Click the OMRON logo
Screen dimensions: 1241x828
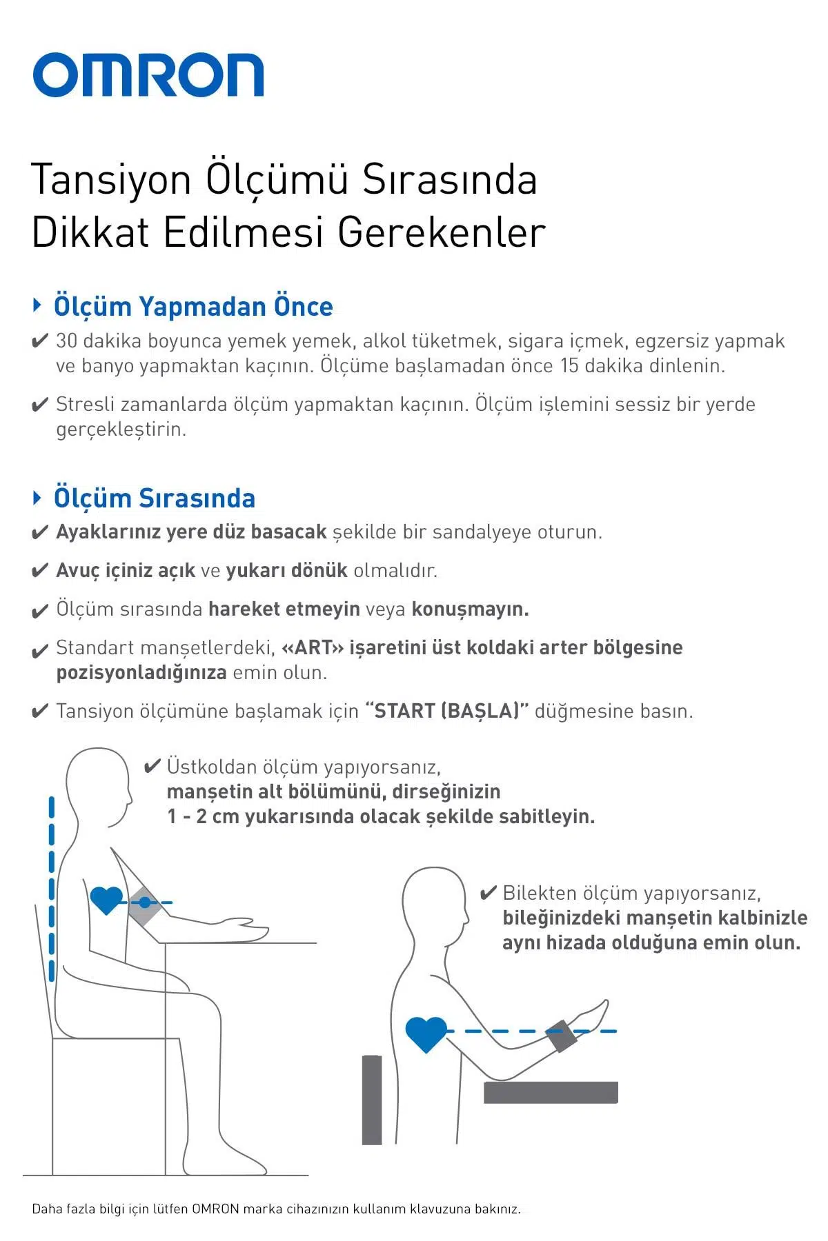point(148,74)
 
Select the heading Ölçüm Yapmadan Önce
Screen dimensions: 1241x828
point(193,307)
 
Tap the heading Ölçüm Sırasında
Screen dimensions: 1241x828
point(155,498)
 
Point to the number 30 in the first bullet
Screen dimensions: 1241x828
point(66,341)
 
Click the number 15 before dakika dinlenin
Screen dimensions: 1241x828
point(569,365)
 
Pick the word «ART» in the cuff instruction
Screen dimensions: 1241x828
point(313,648)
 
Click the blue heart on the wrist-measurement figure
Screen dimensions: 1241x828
point(426,1033)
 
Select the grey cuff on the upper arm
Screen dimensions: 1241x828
point(145,903)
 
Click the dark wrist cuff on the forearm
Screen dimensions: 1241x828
point(562,1034)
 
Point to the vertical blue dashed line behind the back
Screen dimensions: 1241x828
point(52,889)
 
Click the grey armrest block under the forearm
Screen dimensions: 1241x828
point(551,1092)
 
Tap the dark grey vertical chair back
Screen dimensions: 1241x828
point(372,1100)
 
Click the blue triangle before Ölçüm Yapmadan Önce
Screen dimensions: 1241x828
point(38,305)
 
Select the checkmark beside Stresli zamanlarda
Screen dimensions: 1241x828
point(40,405)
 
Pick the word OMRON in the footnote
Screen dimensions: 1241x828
point(215,1209)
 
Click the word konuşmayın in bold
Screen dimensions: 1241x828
point(470,609)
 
